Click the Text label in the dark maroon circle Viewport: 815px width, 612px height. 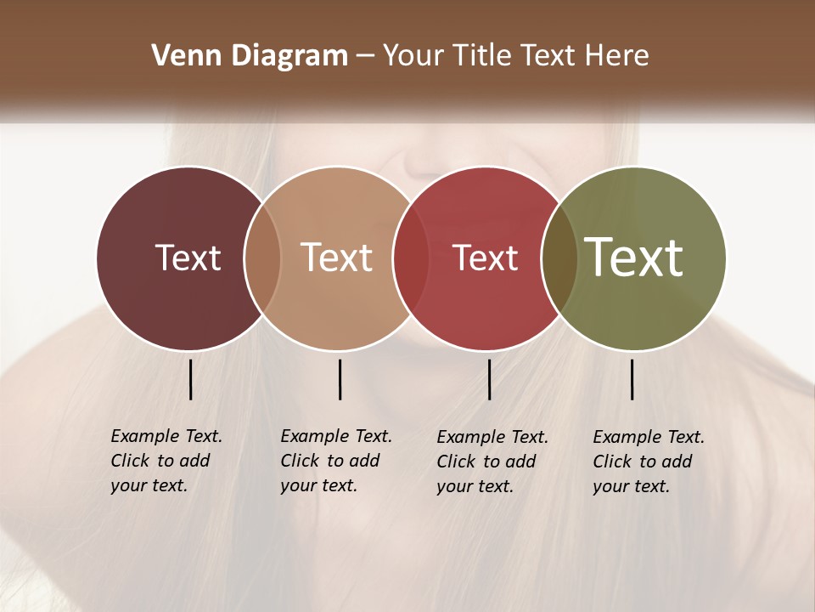[x=188, y=258]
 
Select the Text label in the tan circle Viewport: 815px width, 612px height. [x=336, y=258]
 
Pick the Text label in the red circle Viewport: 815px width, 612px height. [x=485, y=258]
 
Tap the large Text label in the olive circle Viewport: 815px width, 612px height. [x=633, y=258]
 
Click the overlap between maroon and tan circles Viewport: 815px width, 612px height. [x=262, y=258]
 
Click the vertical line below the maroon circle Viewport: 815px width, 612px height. [x=191, y=379]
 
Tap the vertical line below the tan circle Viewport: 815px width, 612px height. [x=340, y=379]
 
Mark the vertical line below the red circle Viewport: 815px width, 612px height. [x=489, y=379]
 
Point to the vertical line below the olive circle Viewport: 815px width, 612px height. [x=632, y=379]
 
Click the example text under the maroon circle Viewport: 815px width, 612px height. [x=166, y=461]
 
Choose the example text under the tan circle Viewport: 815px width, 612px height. [x=335, y=461]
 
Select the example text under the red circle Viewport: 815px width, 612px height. [x=492, y=462]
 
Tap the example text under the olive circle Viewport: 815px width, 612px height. [x=648, y=462]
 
